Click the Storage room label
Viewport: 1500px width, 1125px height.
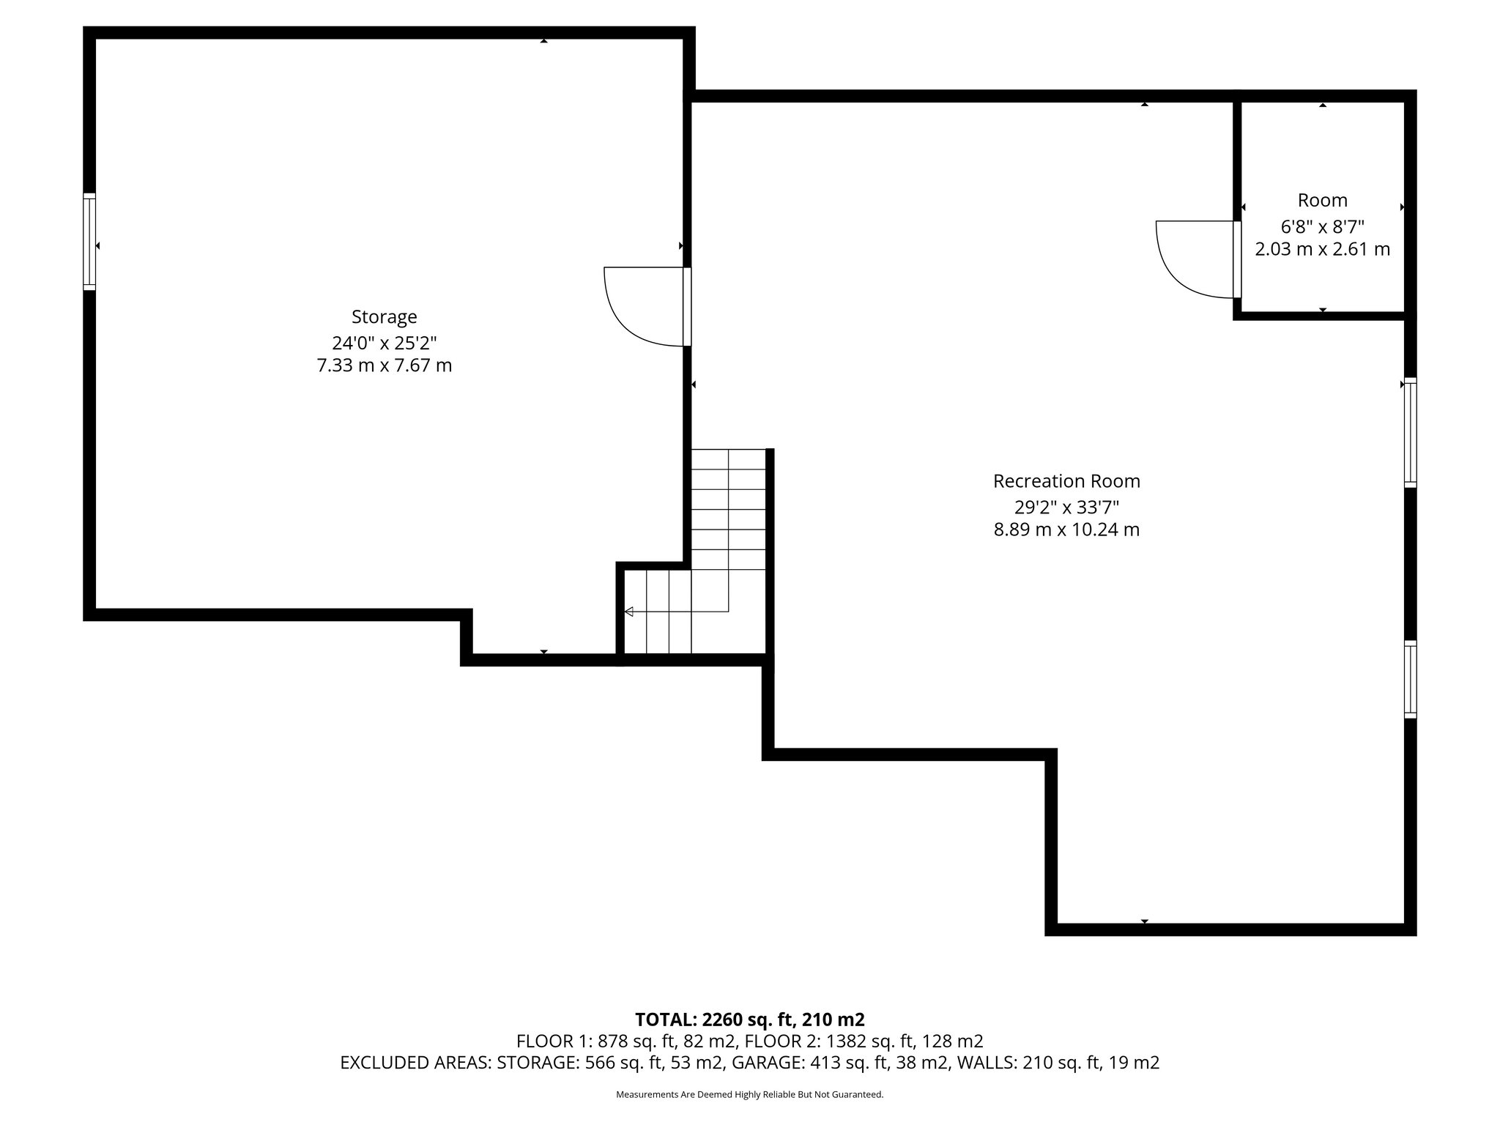click(x=384, y=317)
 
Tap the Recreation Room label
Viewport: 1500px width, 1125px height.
click(x=1066, y=481)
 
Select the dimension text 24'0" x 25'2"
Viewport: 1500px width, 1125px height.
click(x=384, y=342)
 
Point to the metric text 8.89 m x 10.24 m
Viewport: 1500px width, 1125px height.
click(x=1066, y=530)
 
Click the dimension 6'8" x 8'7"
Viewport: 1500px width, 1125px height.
click(x=1322, y=226)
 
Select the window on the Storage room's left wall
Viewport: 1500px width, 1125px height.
click(x=89, y=241)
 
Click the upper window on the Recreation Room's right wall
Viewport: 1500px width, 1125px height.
click(x=1410, y=432)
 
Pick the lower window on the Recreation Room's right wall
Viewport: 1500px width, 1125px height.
click(x=1410, y=679)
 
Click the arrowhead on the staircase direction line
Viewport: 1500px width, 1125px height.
click(x=628, y=612)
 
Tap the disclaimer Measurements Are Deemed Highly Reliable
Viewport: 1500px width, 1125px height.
click(x=749, y=1095)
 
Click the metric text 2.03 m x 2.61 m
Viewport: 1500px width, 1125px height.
click(x=1322, y=250)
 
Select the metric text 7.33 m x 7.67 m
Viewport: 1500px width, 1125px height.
click(x=384, y=365)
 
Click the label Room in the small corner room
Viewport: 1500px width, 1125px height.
click(x=1322, y=200)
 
